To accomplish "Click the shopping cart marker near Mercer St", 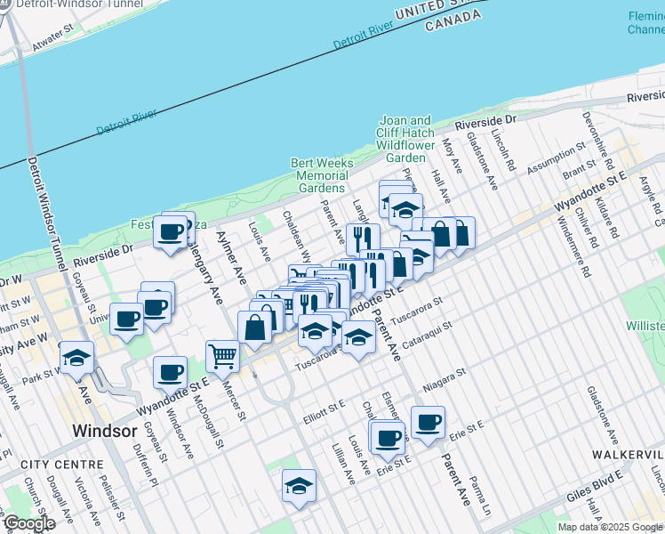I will click(222, 357).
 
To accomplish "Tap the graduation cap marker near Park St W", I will click(77, 358).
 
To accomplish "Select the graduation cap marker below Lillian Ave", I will click(300, 485).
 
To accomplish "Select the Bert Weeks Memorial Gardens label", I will click(322, 175).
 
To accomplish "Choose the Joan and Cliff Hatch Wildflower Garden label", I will click(405, 139).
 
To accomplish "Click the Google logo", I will click(29, 523).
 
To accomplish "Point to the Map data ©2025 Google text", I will click(611, 527).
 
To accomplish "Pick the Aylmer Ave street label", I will click(230, 256).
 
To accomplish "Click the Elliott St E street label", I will click(324, 402).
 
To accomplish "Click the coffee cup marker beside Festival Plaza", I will click(172, 233).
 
